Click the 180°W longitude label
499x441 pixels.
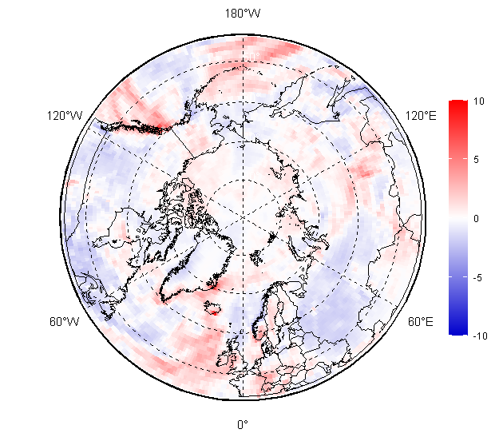(x=243, y=14)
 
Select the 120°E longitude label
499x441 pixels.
(x=421, y=117)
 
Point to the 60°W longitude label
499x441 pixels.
(x=64, y=322)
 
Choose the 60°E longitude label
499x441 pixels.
(x=421, y=322)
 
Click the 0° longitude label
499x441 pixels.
(x=243, y=424)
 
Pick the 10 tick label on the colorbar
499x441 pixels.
(x=479, y=101)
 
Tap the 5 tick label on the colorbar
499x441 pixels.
(x=477, y=160)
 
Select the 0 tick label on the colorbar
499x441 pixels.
(x=477, y=218)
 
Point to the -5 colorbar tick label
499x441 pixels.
(x=478, y=277)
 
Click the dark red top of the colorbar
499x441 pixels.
(x=457, y=105)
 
